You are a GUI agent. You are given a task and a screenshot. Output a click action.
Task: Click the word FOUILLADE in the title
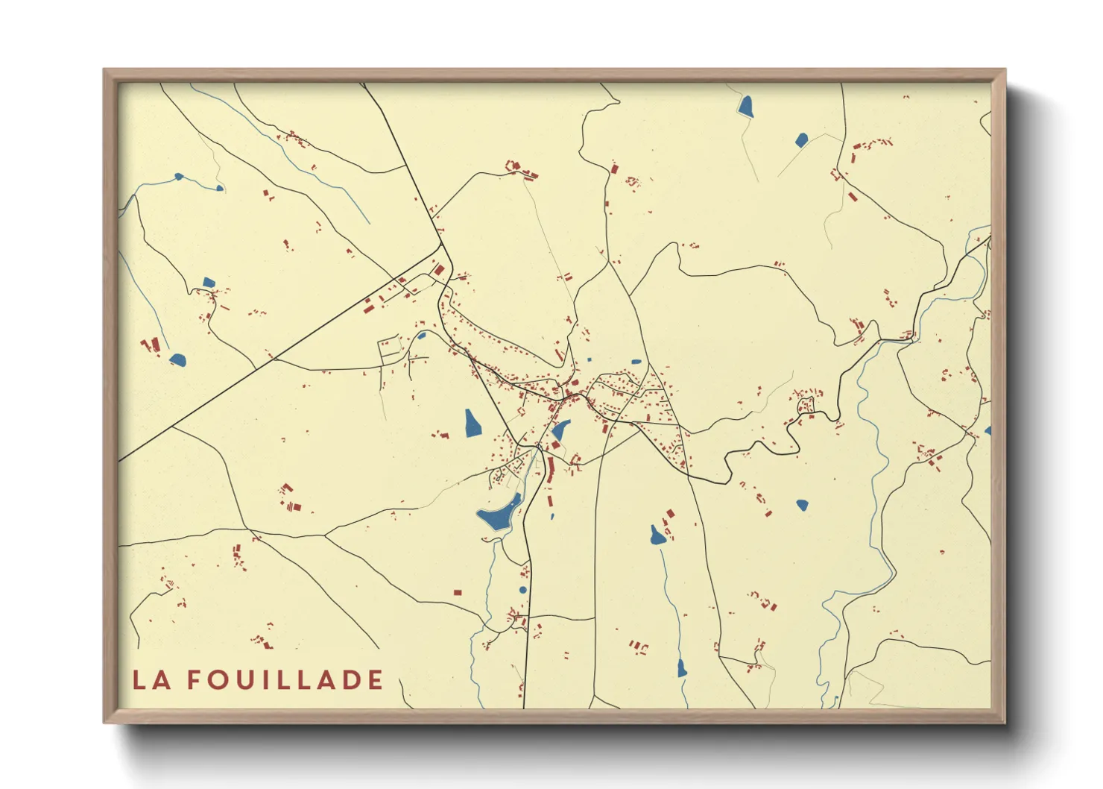tap(285, 680)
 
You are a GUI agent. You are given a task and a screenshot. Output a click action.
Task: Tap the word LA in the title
tap(151, 680)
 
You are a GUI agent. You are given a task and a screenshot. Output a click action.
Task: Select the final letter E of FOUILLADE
tap(376, 680)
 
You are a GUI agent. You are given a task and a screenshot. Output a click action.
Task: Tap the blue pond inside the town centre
tap(560, 430)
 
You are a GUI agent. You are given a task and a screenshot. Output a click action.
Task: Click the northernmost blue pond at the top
tap(746, 106)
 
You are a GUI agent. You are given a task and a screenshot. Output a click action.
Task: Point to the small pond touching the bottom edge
tap(681, 668)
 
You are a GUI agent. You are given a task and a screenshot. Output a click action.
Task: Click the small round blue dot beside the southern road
tap(522, 590)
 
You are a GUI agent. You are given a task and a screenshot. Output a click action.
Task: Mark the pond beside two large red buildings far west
tap(177, 359)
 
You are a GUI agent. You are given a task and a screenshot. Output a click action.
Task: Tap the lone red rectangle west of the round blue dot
tap(458, 593)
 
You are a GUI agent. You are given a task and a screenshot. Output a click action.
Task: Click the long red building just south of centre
tap(551, 470)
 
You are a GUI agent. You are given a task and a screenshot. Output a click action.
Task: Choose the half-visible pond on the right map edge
tap(987, 431)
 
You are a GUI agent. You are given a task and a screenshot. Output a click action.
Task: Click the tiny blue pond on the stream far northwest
tap(179, 177)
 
